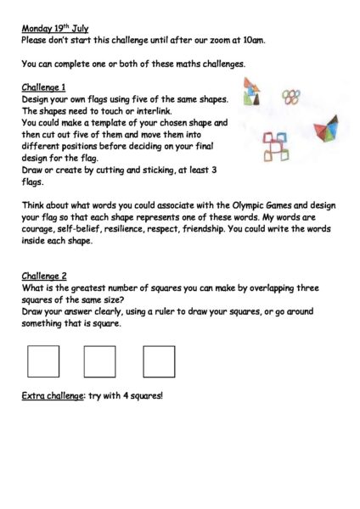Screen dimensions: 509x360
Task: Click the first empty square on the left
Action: [x=43, y=361]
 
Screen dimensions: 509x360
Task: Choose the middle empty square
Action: [x=99, y=361]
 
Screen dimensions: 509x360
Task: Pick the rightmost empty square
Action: [x=159, y=361]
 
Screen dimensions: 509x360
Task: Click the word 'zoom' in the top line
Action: [x=227, y=40]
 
